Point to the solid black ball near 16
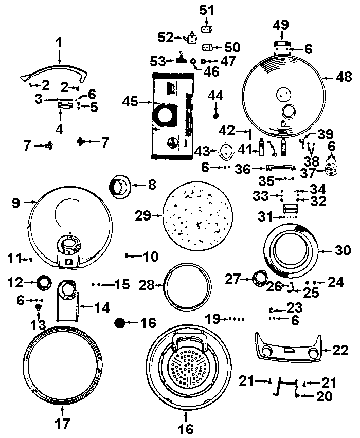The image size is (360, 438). pyautogui.click(x=120, y=323)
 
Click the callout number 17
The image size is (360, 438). pyautogui.click(x=61, y=425)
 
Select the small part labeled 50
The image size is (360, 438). pyautogui.click(x=208, y=47)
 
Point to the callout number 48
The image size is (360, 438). pyautogui.click(x=344, y=78)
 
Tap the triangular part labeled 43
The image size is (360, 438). pyautogui.click(x=226, y=151)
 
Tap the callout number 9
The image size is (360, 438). pyautogui.click(x=16, y=203)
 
